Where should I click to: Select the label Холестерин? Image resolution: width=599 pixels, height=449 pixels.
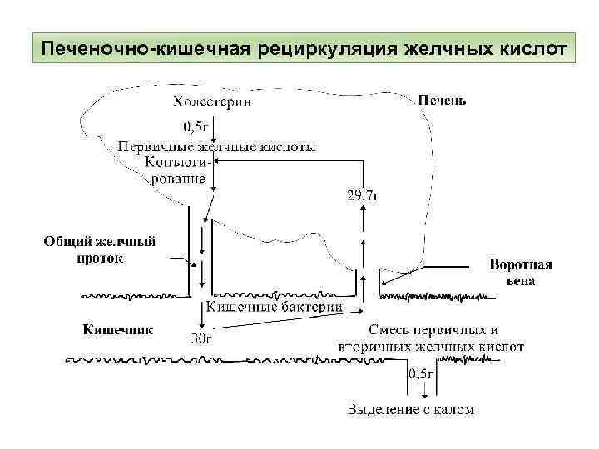[x=212, y=103]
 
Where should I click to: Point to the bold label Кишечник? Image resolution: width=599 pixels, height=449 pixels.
[x=117, y=329]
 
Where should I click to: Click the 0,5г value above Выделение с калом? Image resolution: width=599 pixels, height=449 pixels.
[x=420, y=375]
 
